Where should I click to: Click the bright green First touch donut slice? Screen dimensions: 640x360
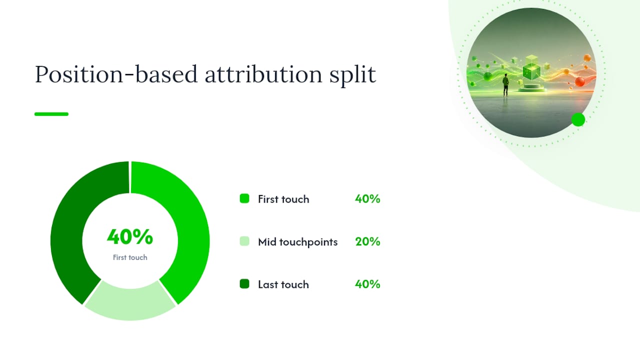pos(183,217)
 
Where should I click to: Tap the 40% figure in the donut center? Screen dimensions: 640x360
pos(130,237)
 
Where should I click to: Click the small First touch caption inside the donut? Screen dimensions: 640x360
pos(130,257)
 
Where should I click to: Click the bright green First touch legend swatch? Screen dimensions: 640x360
pos(244,198)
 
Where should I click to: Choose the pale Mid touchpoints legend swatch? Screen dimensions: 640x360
pos(244,241)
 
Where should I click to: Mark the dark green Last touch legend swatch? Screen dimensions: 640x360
pos(244,284)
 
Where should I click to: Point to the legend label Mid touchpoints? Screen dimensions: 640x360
pos(297,242)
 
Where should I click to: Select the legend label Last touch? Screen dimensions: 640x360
pos(283,284)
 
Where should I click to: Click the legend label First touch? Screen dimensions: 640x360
pos(283,199)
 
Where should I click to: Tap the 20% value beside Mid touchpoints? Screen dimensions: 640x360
pos(367,241)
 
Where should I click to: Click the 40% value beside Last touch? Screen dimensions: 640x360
pos(367,284)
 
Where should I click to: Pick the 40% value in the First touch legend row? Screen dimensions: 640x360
pos(367,199)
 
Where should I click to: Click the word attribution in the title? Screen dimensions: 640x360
pos(263,74)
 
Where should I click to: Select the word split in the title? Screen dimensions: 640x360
pos(352,75)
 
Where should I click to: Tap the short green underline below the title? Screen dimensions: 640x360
pos(51,114)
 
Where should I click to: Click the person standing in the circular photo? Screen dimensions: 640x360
pos(505,85)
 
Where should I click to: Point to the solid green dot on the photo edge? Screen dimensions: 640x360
pos(578,119)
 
